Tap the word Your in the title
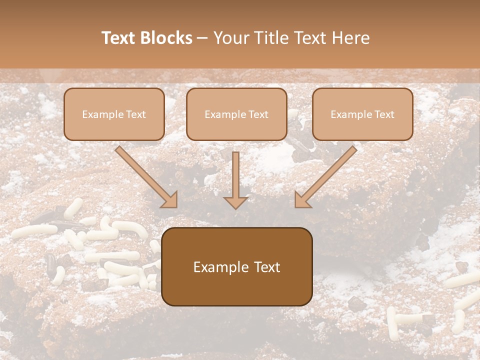coord(231,38)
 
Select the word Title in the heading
coord(271,38)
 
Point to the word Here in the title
coord(351,38)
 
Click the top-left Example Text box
coord(114,114)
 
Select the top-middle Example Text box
coord(236,114)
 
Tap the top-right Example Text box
coord(362,114)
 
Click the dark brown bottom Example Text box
coord(237,267)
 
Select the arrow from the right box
coord(327,175)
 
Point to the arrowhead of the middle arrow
coord(235,201)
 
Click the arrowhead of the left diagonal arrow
coord(170,200)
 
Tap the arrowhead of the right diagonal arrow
coord(301,200)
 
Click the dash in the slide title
coord(202,38)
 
